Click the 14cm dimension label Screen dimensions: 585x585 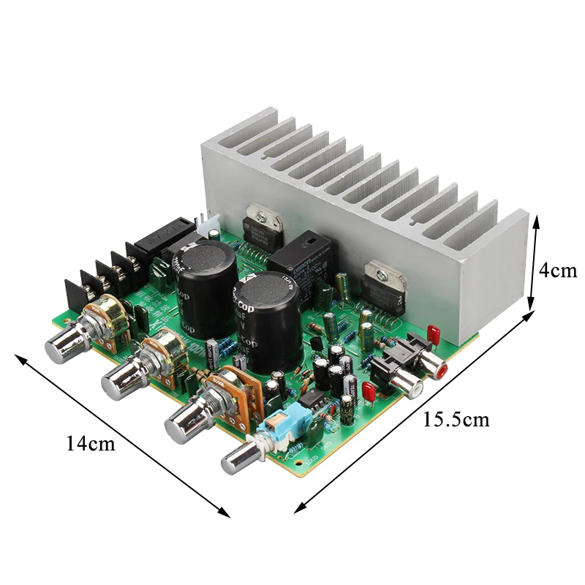pos(91,443)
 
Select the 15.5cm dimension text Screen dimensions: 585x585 pos(456,420)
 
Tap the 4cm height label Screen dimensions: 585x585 pos(558,270)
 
